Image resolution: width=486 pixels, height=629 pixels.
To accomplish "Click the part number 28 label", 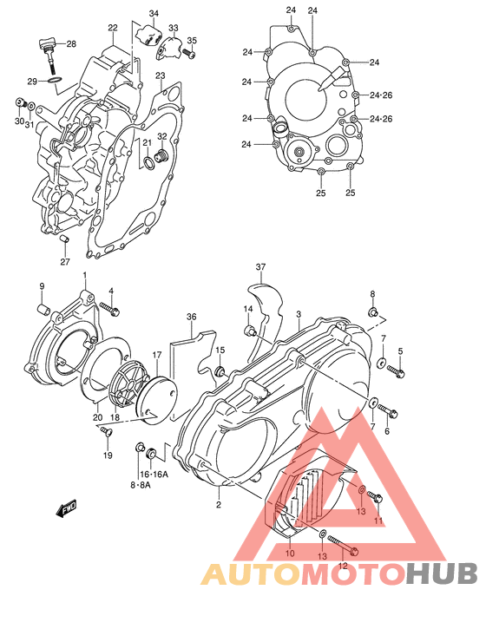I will (x=71, y=43).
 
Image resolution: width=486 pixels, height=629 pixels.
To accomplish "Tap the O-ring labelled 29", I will (x=53, y=82).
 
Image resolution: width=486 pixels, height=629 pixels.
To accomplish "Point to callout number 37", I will (x=260, y=266).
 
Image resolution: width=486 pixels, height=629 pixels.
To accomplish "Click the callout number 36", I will (x=191, y=318).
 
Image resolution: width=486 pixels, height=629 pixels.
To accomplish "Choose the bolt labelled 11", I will (x=374, y=496).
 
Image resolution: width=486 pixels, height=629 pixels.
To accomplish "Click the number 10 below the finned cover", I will (x=290, y=553).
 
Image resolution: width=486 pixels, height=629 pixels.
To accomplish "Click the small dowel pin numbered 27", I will (x=65, y=239).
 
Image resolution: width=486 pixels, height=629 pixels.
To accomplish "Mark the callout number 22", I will (x=113, y=28).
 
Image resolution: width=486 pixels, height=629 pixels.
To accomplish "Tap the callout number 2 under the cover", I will (x=219, y=504).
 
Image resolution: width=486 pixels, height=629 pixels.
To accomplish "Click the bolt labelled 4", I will (x=108, y=307).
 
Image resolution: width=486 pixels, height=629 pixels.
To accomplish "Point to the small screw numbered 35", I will (x=192, y=55).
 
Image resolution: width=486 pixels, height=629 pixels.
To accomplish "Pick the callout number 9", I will (x=41, y=286).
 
